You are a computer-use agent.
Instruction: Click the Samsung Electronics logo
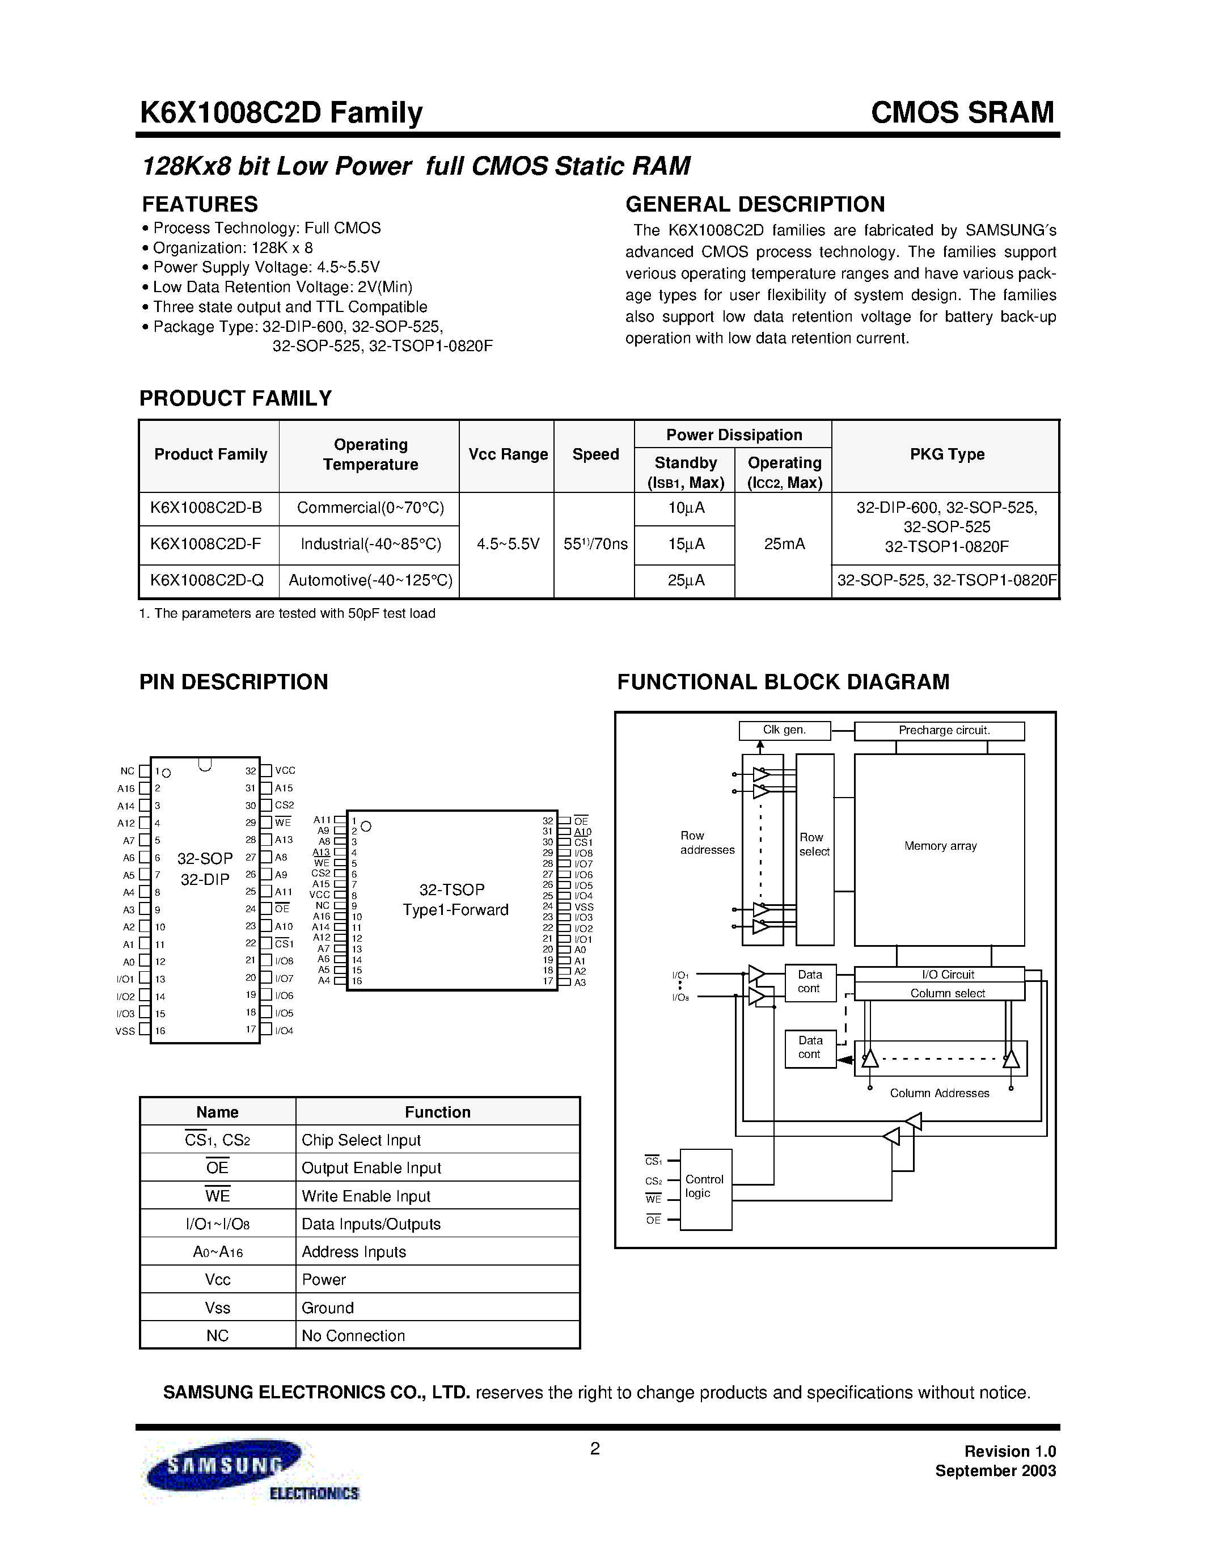click(253, 1478)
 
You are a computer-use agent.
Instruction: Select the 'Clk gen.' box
click(785, 730)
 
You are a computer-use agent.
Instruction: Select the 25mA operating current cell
click(784, 544)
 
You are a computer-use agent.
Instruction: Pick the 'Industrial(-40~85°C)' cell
click(370, 544)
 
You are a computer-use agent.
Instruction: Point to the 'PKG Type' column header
click(946, 454)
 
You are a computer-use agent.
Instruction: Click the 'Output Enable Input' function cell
click(371, 1168)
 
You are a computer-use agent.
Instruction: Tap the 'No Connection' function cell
click(353, 1336)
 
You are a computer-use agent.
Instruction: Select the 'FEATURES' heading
click(200, 204)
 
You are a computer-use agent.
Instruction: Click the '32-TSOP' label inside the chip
click(452, 889)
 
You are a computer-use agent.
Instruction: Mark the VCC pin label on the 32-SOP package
click(285, 771)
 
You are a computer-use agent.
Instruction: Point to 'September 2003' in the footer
click(995, 1471)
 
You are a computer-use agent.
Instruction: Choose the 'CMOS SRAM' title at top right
click(962, 113)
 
